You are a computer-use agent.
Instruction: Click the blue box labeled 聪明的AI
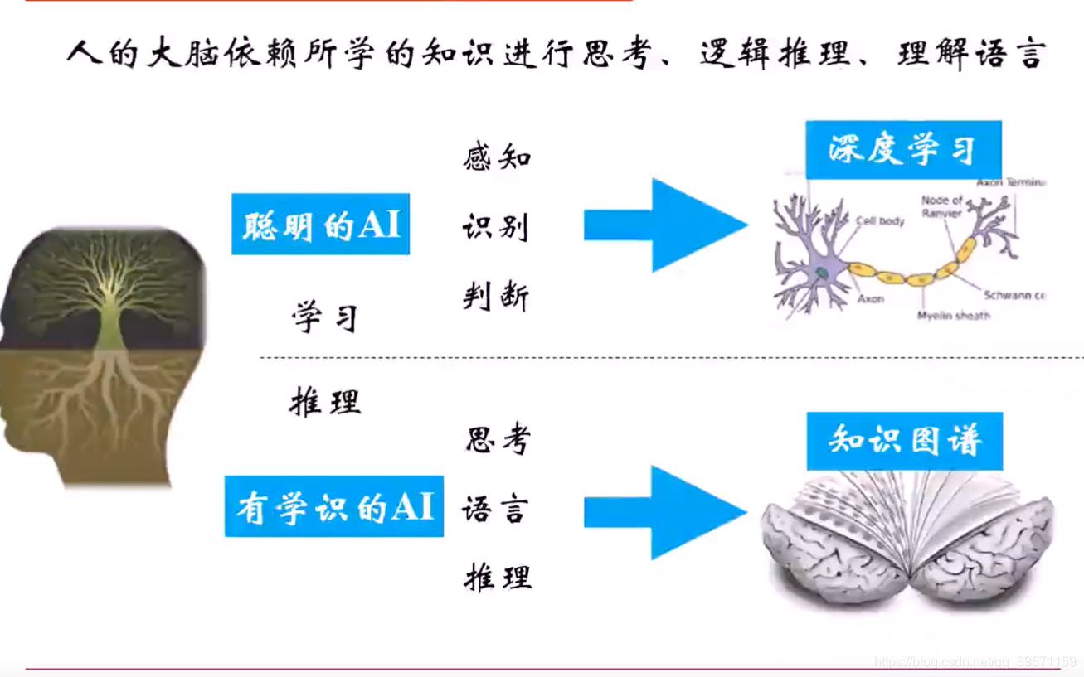tap(320, 224)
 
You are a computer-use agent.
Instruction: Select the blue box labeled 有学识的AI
tap(333, 506)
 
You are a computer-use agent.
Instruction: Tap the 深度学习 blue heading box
tap(903, 150)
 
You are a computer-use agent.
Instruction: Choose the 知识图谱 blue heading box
tap(904, 441)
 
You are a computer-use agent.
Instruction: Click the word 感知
tap(497, 157)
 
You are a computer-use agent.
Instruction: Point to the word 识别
tap(496, 226)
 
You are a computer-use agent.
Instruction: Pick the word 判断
tap(496, 296)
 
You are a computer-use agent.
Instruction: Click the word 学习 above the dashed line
tap(325, 317)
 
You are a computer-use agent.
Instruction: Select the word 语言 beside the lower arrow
tap(495, 509)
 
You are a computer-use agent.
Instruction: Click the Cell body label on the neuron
tap(880, 221)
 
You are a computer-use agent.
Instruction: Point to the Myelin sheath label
tap(953, 316)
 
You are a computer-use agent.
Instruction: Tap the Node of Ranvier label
tap(942, 206)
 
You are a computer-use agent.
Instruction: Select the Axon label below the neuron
tap(871, 299)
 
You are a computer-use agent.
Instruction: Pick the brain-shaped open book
tap(908, 539)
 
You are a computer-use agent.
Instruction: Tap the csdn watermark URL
tap(975, 662)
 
